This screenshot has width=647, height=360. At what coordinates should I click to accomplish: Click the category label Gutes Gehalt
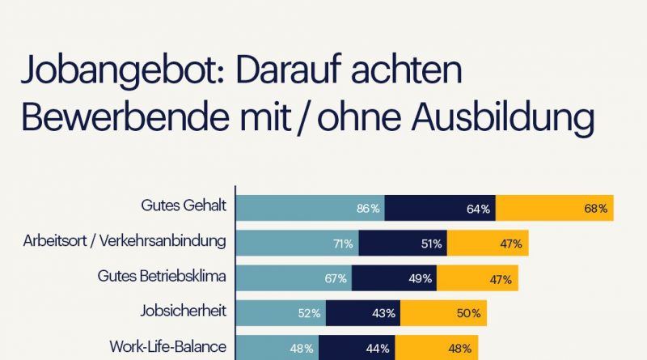[183, 205]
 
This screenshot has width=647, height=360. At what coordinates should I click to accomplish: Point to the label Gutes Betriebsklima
[162, 276]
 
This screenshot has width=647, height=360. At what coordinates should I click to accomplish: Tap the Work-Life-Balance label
[167, 346]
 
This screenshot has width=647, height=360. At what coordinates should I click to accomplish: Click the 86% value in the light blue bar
[368, 209]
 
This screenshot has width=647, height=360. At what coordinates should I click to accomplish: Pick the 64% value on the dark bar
[478, 209]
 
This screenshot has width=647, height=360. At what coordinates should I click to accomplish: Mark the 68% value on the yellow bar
[595, 209]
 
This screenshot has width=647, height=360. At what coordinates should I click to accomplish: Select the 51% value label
[431, 244]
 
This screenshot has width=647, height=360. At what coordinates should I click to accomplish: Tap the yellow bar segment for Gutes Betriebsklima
[477, 278]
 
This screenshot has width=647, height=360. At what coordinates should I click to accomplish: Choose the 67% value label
[336, 278]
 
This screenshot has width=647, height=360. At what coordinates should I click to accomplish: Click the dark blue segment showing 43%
[363, 313]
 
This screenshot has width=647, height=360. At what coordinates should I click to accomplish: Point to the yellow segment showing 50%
[443, 313]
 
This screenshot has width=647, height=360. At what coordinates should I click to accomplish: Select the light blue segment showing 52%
[280, 313]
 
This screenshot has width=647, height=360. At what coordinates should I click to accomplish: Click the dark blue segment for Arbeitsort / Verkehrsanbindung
[403, 244]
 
